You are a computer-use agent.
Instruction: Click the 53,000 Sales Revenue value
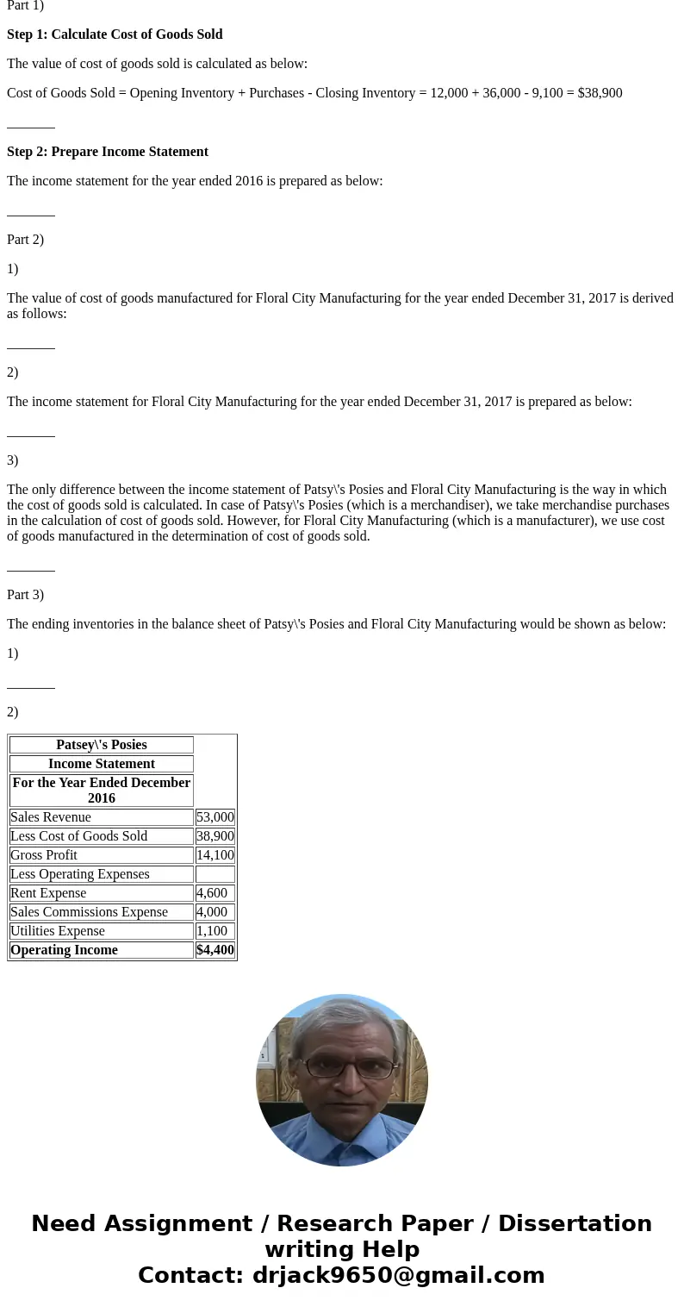click(215, 817)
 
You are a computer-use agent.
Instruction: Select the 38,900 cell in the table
click(215, 836)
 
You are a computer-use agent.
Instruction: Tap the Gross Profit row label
click(44, 855)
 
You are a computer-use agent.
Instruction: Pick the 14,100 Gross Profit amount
click(215, 855)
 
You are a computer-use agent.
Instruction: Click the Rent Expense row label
click(48, 893)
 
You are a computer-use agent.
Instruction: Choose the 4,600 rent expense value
click(212, 893)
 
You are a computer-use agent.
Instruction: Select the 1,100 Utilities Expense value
click(212, 931)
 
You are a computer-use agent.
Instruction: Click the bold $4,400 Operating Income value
click(215, 950)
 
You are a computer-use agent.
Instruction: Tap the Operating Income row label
click(64, 950)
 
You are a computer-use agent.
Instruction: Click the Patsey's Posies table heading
click(102, 745)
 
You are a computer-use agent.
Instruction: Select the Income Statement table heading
click(102, 764)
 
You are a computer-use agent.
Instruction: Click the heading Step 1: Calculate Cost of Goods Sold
click(115, 34)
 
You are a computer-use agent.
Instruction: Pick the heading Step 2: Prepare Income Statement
click(108, 152)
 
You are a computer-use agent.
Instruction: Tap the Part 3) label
click(25, 595)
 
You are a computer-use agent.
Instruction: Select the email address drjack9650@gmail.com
click(398, 1275)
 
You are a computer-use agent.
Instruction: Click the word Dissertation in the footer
click(575, 1224)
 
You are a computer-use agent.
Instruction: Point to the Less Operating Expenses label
click(80, 874)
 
